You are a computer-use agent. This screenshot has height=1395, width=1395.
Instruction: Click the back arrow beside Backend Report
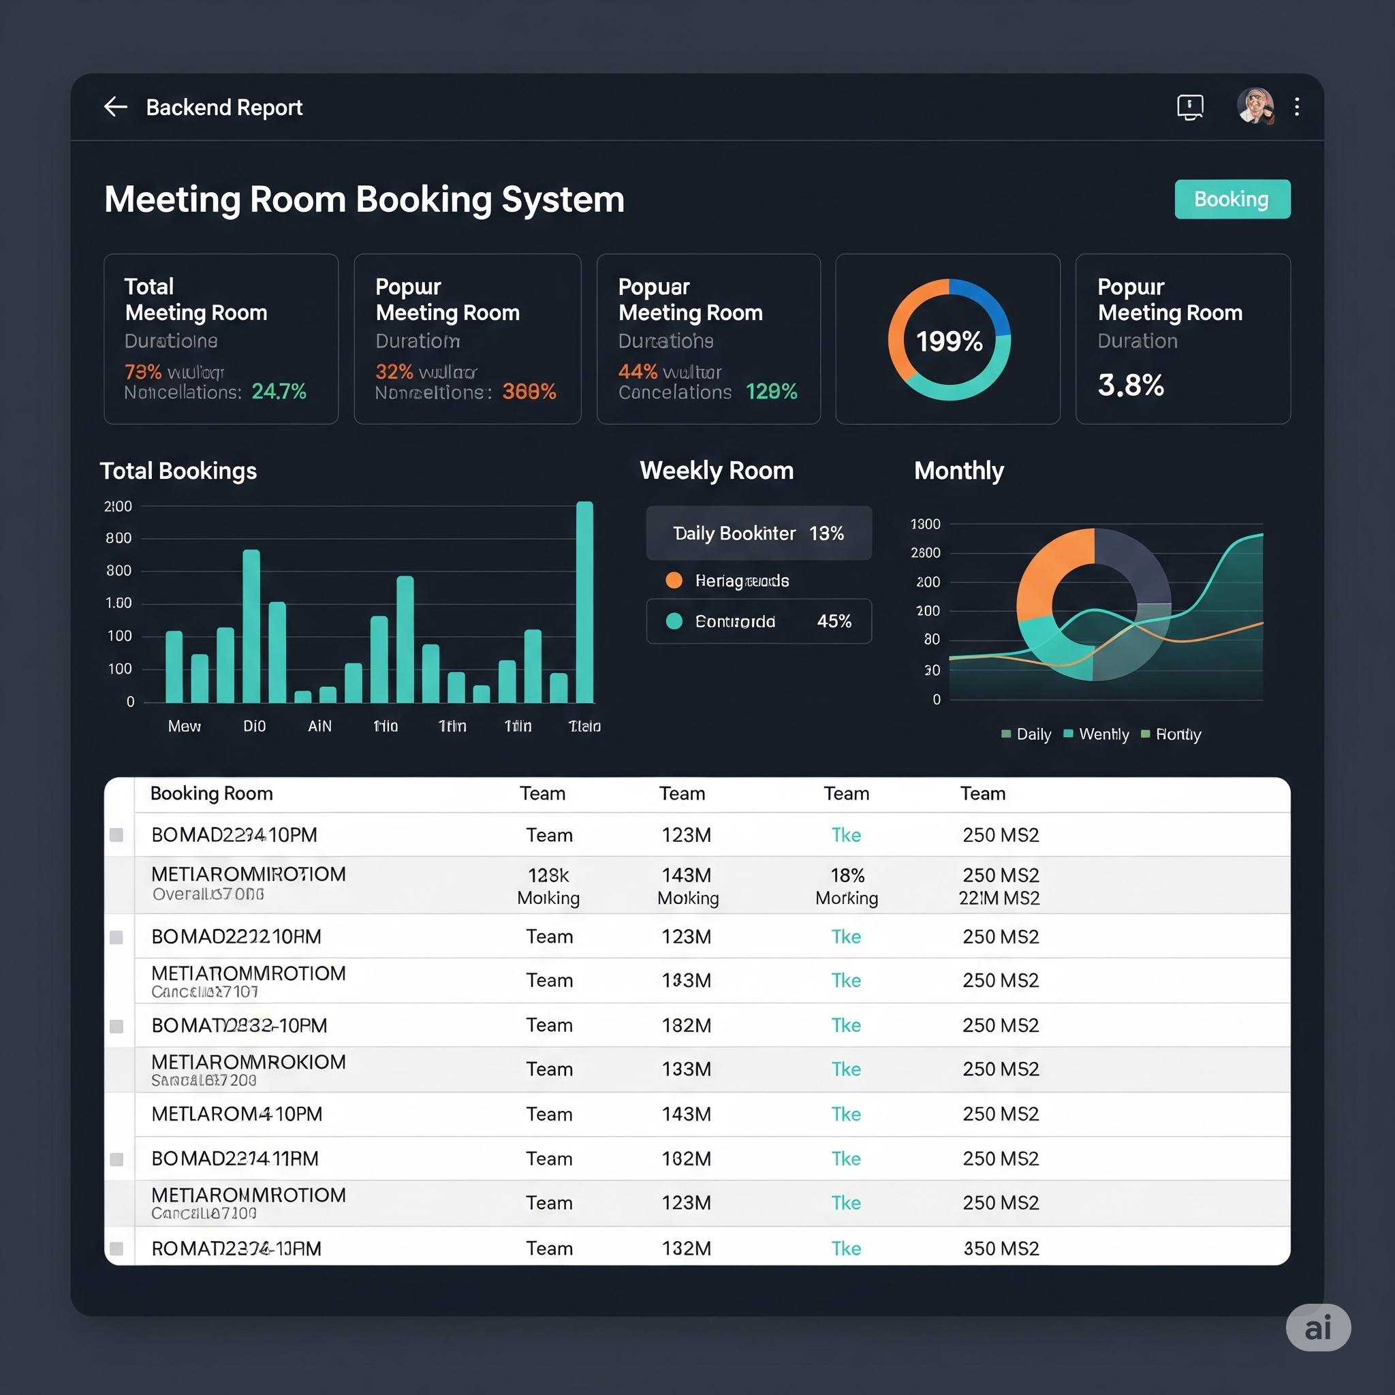point(116,107)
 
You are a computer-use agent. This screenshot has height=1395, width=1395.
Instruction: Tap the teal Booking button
point(1232,200)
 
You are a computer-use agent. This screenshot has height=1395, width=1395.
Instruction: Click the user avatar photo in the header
point(1255,106)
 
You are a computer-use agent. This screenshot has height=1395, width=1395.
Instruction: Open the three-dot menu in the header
point(1297,107)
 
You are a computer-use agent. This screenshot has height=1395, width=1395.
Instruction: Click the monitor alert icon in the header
point(1190,107)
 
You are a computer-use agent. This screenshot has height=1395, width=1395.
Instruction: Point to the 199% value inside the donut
point(949,341)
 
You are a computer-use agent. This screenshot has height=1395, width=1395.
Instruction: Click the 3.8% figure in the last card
point(1131,385)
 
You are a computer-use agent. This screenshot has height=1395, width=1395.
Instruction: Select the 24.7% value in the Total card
point(279,392)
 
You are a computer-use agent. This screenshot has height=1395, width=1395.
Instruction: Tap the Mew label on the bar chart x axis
point(184,725)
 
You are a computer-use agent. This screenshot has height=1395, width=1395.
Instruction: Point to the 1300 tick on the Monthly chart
point(925,524)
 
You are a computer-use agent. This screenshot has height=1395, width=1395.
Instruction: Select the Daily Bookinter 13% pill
point(758,533)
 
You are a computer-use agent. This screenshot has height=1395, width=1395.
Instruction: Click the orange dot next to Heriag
point(674,580)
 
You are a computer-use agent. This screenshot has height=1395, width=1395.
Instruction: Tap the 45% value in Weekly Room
point(834,621)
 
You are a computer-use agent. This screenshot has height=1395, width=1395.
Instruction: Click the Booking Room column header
point(212,794)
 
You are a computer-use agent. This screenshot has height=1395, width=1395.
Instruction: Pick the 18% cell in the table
point(847,875)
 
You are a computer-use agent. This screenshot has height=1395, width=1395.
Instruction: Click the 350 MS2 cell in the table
point(1001,1249)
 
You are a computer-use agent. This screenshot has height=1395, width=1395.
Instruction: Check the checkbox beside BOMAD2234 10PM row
point(116,835)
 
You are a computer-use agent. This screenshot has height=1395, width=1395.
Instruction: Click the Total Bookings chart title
point(178,471)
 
